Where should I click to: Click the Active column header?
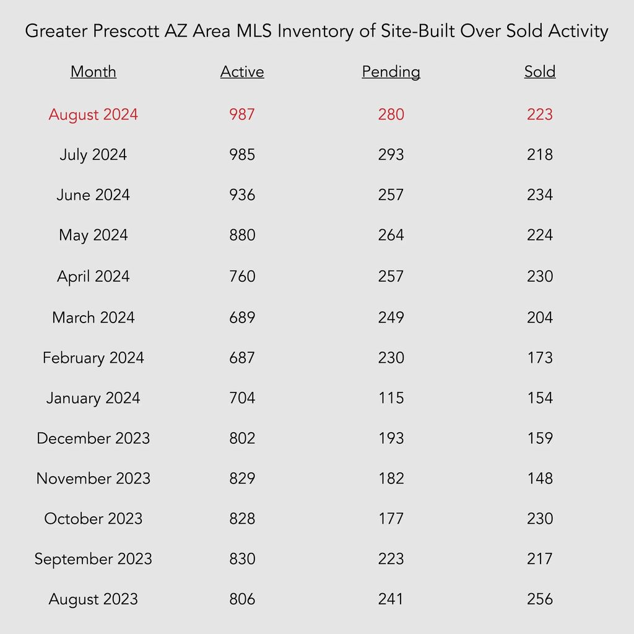[242, 72]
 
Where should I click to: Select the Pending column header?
[391, 72]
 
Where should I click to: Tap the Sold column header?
[540, 72]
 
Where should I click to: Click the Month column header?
[93, 72]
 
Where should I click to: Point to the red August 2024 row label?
[93, 115]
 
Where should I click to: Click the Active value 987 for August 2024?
[242, 115]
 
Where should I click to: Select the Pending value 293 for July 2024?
[391, 154]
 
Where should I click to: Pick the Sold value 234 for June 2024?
[540, 195]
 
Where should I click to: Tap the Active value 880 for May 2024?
[242, 235]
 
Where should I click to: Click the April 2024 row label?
[93, 277]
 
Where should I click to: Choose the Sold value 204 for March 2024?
[540, 318]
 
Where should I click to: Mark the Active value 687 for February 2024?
[242, 358]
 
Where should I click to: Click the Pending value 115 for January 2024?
[391, 398]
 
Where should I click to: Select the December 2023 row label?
[93, 438]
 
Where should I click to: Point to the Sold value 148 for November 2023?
[540, 479]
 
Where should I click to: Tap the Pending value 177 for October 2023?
[391, 519]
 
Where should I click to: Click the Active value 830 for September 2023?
[242, 559]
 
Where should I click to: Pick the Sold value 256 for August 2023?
[540, 599]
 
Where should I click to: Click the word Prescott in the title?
[126, 31]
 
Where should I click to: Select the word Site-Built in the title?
[418, 31]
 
